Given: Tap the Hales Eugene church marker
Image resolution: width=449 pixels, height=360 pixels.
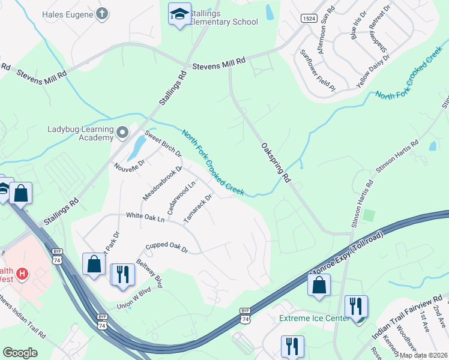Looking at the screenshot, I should tap(103, 13).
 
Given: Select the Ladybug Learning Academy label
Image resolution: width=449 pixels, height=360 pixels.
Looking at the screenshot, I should tap(80, 133).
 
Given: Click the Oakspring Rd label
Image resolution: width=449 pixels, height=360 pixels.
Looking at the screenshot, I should tap(276, 163).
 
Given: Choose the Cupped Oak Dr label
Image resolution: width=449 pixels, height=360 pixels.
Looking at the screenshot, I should tap(167, 247).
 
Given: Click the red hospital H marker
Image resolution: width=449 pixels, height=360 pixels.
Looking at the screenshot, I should tap(23, 274).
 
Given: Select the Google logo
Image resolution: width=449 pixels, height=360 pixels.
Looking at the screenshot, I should tap(20, 353).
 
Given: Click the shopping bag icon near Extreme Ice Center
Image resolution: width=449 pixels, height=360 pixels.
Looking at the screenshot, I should tap(319, 286).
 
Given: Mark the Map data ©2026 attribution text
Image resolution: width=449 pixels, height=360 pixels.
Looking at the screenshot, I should tap(423, 355).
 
